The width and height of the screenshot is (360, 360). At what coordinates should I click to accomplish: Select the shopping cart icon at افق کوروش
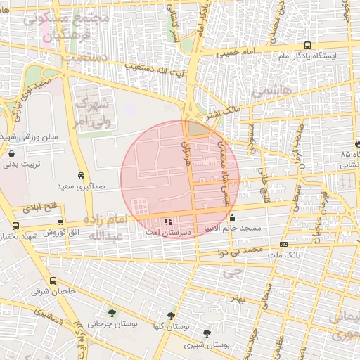tap(60, 222)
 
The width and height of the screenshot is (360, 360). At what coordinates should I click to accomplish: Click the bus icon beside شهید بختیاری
tap(16, 226)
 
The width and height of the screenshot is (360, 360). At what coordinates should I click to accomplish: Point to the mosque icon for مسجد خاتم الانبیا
tap(233, 218)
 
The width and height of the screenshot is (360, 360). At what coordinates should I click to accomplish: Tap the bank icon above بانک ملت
tap(283, 244)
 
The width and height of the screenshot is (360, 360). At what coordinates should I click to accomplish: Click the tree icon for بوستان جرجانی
tap(111, 313)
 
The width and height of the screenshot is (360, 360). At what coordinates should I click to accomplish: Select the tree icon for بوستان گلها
tap(171, 317)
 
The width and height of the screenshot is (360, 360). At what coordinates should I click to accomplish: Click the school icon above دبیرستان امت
tap(167, 221)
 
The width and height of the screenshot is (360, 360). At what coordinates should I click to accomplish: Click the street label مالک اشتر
tap(221, 110)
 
